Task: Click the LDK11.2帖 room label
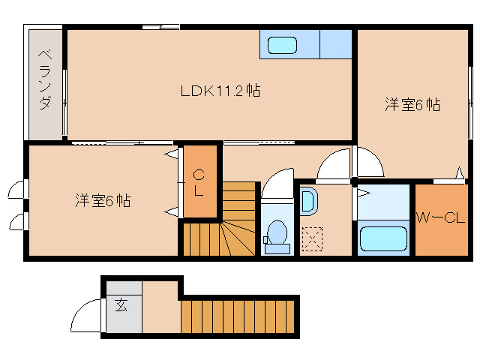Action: coord(220,91)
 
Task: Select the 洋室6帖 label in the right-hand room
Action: coord(412,106)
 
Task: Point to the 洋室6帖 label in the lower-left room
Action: coord(103,201)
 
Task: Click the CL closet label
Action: coord(199,183)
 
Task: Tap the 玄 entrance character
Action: coord(121,304)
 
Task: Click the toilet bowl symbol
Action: coord(277,232)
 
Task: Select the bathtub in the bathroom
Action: coord(382,239)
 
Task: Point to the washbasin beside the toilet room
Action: coord(308,201)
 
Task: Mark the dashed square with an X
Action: coord(310,238)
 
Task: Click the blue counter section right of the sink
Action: coord(335,45)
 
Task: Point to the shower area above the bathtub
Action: coord(382,201)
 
